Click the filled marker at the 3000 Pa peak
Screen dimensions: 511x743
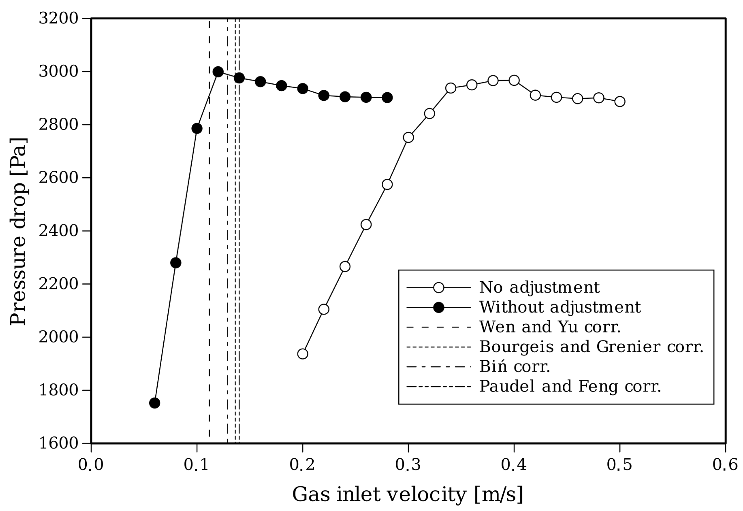tap(218, 72)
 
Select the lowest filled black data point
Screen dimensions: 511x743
tap(155, 403)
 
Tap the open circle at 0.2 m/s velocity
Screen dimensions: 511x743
tap(303, 354)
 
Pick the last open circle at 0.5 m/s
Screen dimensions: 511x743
tap(620, 102)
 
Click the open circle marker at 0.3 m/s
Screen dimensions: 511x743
tap(408, 137)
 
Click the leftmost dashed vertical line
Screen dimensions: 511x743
tap(209, 224)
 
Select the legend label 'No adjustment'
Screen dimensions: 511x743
tap(539, 287)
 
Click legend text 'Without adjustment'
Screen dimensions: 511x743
tap(560, 307)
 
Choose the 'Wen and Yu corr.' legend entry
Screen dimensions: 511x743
tap(550, 327)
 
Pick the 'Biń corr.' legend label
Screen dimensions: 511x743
tap(514, 367)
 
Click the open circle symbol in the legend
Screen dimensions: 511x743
tap(438, 287)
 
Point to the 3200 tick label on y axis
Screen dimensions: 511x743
tap(58, 19)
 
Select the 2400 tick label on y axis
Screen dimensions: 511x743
tap(58, 231)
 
